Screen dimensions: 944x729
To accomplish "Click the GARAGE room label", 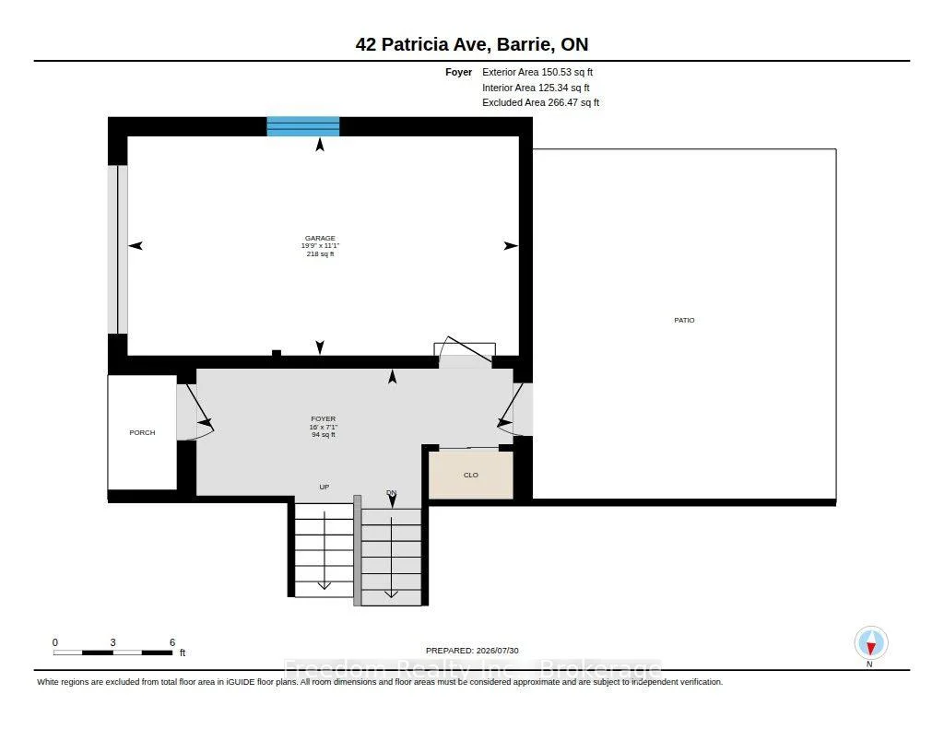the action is pyautogui.click(x=320, y=239).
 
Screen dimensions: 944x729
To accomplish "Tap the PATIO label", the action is pyautogui.click(x=684, y=320).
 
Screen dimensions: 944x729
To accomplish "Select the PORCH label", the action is pyautogui.click(x=142, y=433).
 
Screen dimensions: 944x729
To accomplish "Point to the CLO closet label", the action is pyautogui.click(x=471, y=475).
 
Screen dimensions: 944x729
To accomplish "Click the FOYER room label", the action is pyautogui.click(x=324, y=419).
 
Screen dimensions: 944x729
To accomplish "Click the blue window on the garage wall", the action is pyautogui.click(x=303, y=126).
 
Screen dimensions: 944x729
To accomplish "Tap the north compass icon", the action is pyautogui.click(x=870, y=643).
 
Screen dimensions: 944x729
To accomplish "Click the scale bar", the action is pyautogui.click(x=113, y=653).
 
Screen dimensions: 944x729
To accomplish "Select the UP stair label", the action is pyautogui.click(x=324, y=487).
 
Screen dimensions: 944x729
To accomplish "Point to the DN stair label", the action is pyautogui.click(x=391, y=493).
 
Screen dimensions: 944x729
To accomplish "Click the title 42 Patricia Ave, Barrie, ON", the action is pyautogui.click(x=472, y=44).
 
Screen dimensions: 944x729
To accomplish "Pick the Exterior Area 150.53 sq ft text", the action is pyautogui.click(x=537, y=72).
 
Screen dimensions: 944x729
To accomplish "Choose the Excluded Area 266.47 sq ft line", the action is pyautogui.click(x=540, y=103).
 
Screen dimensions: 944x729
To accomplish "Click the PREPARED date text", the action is pyautogui.click(x=472, y=651).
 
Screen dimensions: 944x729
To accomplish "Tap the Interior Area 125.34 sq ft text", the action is pyautogui.click(x=536, y=88).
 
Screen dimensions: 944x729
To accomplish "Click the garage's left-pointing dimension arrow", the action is pyautogui.click(x=136, y=245).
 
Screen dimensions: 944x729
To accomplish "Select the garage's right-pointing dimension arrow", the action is pyautogui.click(x=511, y=245).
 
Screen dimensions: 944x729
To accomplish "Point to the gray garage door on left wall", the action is pyautogui.click(x=117, y=249).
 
